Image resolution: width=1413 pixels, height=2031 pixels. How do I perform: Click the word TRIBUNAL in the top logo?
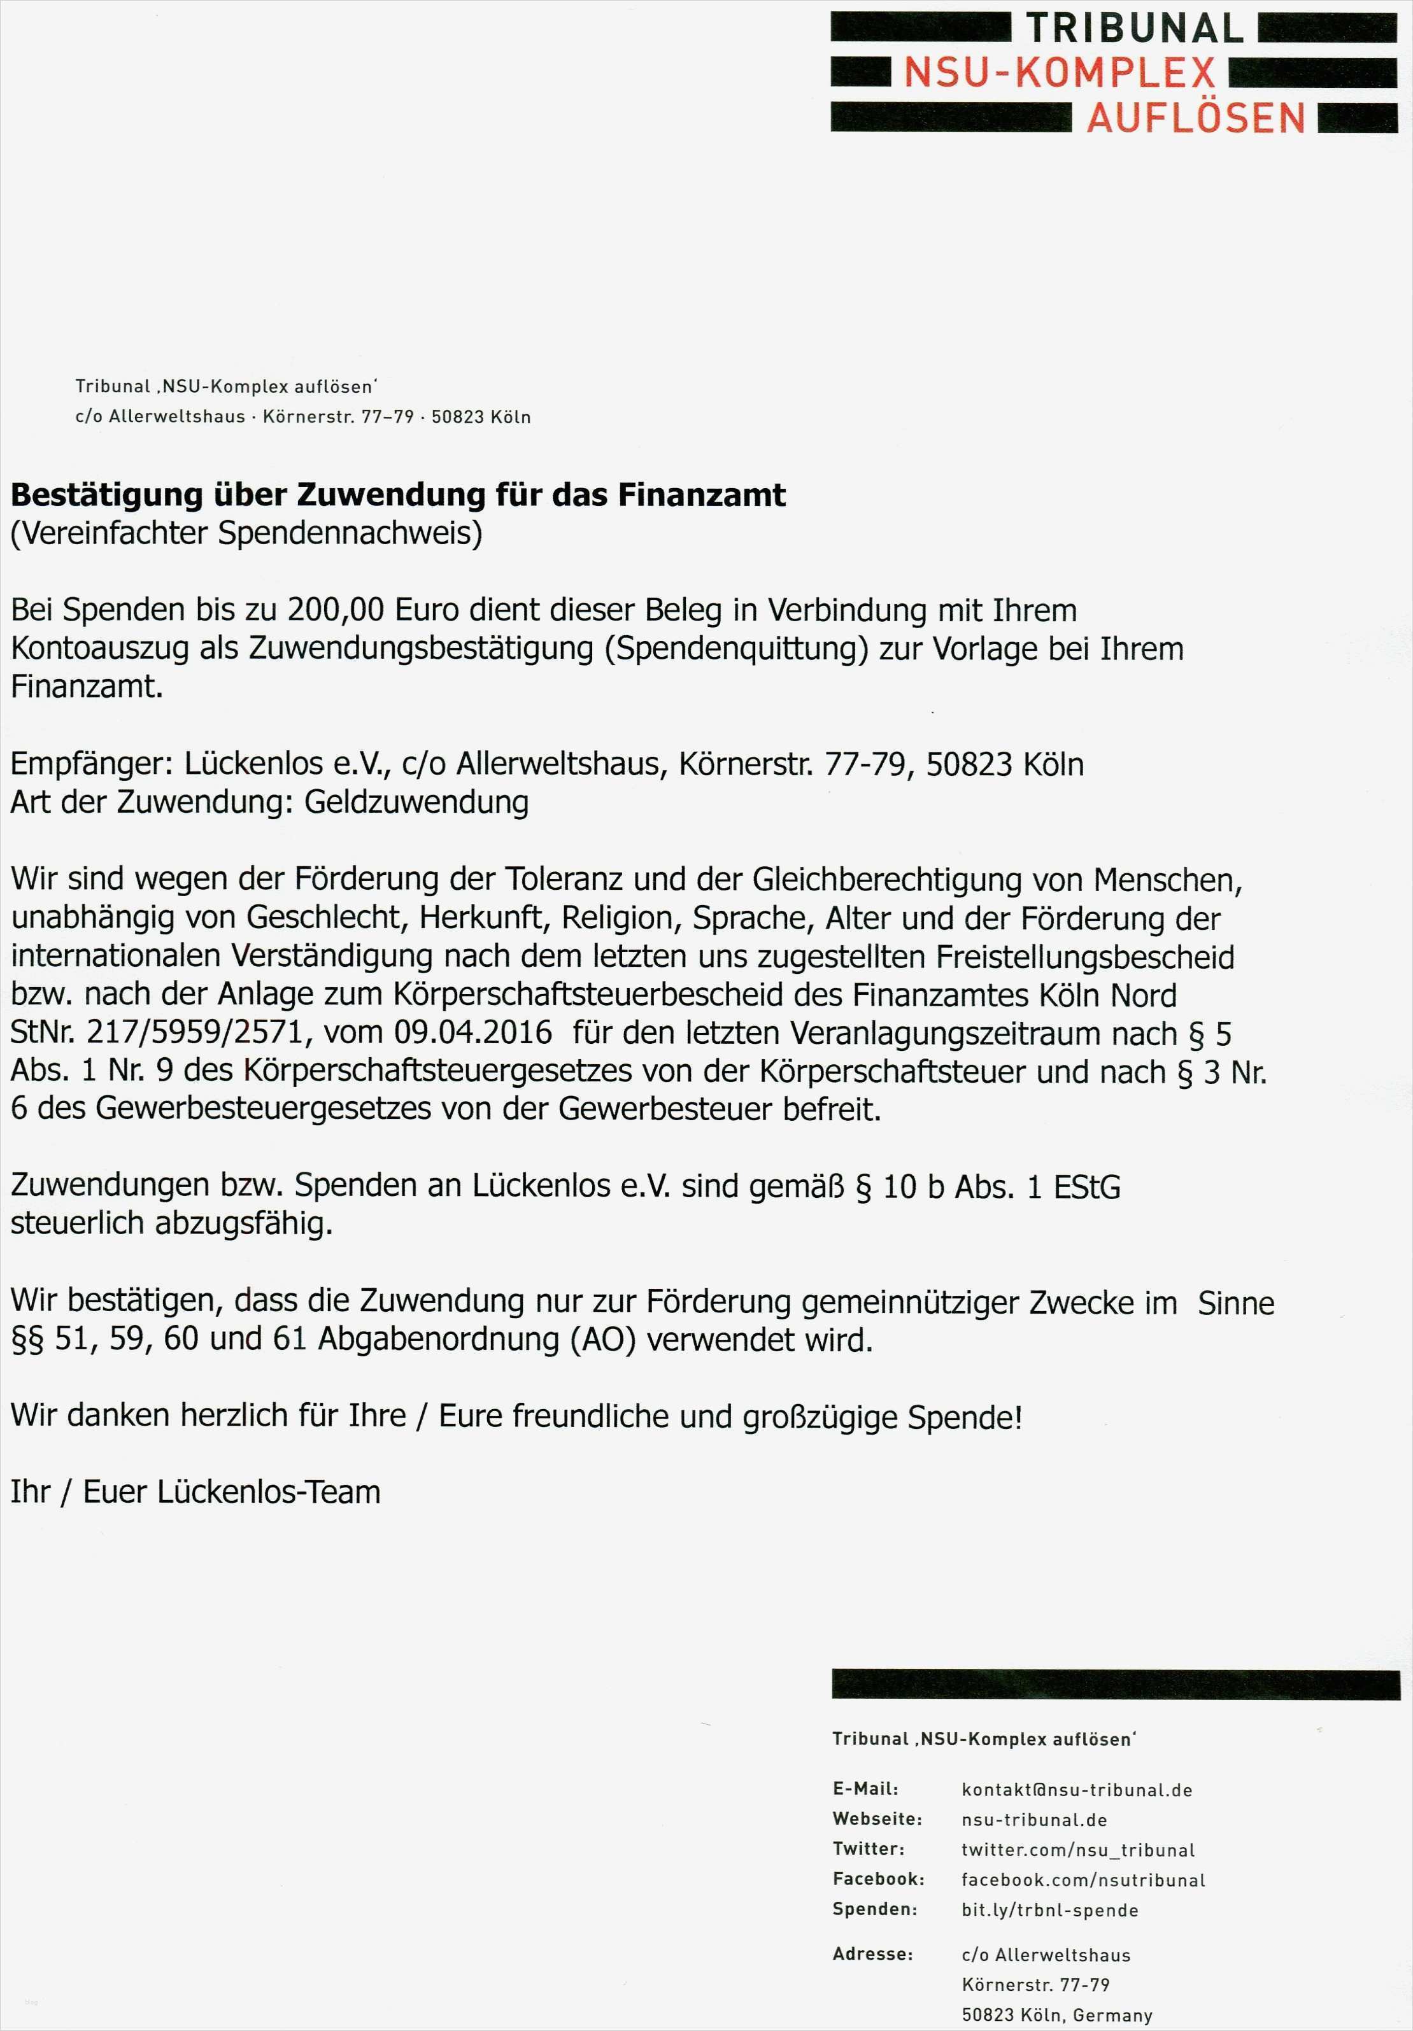coord(1134,29)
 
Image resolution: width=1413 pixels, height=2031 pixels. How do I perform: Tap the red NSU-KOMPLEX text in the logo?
coord(1059,73)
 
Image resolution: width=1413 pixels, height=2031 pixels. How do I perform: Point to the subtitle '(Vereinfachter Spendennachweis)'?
coord(246,533)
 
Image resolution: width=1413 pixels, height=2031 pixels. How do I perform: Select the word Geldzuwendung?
coord(416,803)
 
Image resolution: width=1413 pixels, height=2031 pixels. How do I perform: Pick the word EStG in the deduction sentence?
coord(1086,1186)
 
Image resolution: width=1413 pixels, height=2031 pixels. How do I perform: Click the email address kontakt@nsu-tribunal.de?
coord(1077,1790)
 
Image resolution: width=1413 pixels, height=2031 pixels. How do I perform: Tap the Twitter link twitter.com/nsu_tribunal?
coord(1077,1850)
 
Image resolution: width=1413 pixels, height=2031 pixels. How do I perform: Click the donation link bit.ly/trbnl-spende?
coord(1049,1910)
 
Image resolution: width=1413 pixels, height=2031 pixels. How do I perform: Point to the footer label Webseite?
coord(877,1820)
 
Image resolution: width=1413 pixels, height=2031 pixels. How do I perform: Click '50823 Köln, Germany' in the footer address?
coord(1056,2015)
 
